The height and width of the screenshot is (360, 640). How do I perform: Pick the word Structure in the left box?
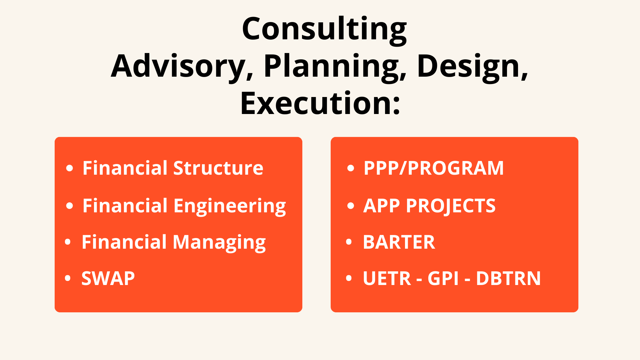tap(218, 168)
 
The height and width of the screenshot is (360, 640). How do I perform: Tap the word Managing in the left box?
tap(219, 243)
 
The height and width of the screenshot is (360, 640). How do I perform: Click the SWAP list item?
tap(108, 278)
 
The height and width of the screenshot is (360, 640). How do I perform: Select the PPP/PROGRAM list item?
tap(434, 168)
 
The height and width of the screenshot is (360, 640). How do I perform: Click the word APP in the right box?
tap(381, 206)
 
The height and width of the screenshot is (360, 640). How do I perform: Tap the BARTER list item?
tap(399, 242)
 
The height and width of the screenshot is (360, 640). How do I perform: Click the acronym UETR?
tap(387, 278)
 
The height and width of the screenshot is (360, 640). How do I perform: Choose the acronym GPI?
tap(443, 278)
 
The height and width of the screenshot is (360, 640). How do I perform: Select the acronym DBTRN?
tap(508, 278)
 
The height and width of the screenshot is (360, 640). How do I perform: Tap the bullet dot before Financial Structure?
tap(69, 168)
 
